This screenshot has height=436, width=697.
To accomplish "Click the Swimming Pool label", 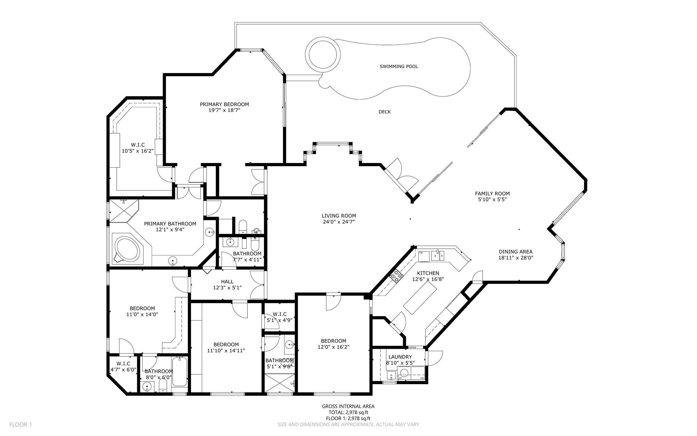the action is click(399, 66).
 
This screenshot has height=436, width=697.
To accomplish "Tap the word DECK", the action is click(385, 112).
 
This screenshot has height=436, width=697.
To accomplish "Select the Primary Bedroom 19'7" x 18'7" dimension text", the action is click(224, 110).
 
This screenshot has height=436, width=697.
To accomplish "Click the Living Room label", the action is click(339, 216).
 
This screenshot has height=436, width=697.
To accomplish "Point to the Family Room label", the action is click(492, 194).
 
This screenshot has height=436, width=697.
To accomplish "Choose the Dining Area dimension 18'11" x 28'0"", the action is click(516, 258).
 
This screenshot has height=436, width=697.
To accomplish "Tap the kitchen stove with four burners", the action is click(396, 276).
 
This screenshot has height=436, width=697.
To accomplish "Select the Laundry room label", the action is click(400, 357).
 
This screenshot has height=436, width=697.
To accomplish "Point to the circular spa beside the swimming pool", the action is click(323, 55).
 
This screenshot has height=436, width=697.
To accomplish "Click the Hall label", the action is click(227, 282).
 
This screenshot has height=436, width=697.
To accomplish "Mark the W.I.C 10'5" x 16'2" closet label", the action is click(138, 148).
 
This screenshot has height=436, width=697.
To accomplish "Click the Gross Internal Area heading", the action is click(348, 406).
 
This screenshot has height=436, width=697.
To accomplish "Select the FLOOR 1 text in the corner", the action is click(20, 425).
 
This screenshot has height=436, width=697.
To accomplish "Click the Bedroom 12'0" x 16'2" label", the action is click(334, 344).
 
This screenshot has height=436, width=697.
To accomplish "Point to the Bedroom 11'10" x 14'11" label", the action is click(226, 347).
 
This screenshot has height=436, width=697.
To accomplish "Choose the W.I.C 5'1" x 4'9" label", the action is click(279, 317).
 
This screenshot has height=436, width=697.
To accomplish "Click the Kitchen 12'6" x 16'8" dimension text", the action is click(428, 279).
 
